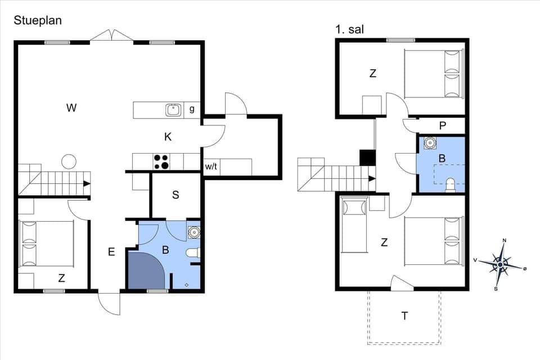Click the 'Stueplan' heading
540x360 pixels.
tap(38, 20)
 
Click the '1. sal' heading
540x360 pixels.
tap(349, 30)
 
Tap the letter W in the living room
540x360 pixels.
tap(71, 108)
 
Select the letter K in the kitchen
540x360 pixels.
tap(168, 137)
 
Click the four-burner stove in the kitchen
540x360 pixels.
tap(162, 162)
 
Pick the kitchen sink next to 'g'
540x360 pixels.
tap(173, 110)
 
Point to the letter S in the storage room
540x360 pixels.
tap(175, 195)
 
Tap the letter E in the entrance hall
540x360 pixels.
tap(111, 252)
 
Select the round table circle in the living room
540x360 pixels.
tap(69, 161)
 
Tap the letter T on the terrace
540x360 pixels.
tap(404, 316)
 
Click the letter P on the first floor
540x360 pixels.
tap(443, 126)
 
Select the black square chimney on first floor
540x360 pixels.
tap(367, 158)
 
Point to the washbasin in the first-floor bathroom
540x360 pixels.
tap(430, 144)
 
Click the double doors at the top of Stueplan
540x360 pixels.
tap(111, 36)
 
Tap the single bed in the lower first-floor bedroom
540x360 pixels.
tap(354, 225)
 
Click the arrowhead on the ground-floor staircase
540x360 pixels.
tap(87, 183)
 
